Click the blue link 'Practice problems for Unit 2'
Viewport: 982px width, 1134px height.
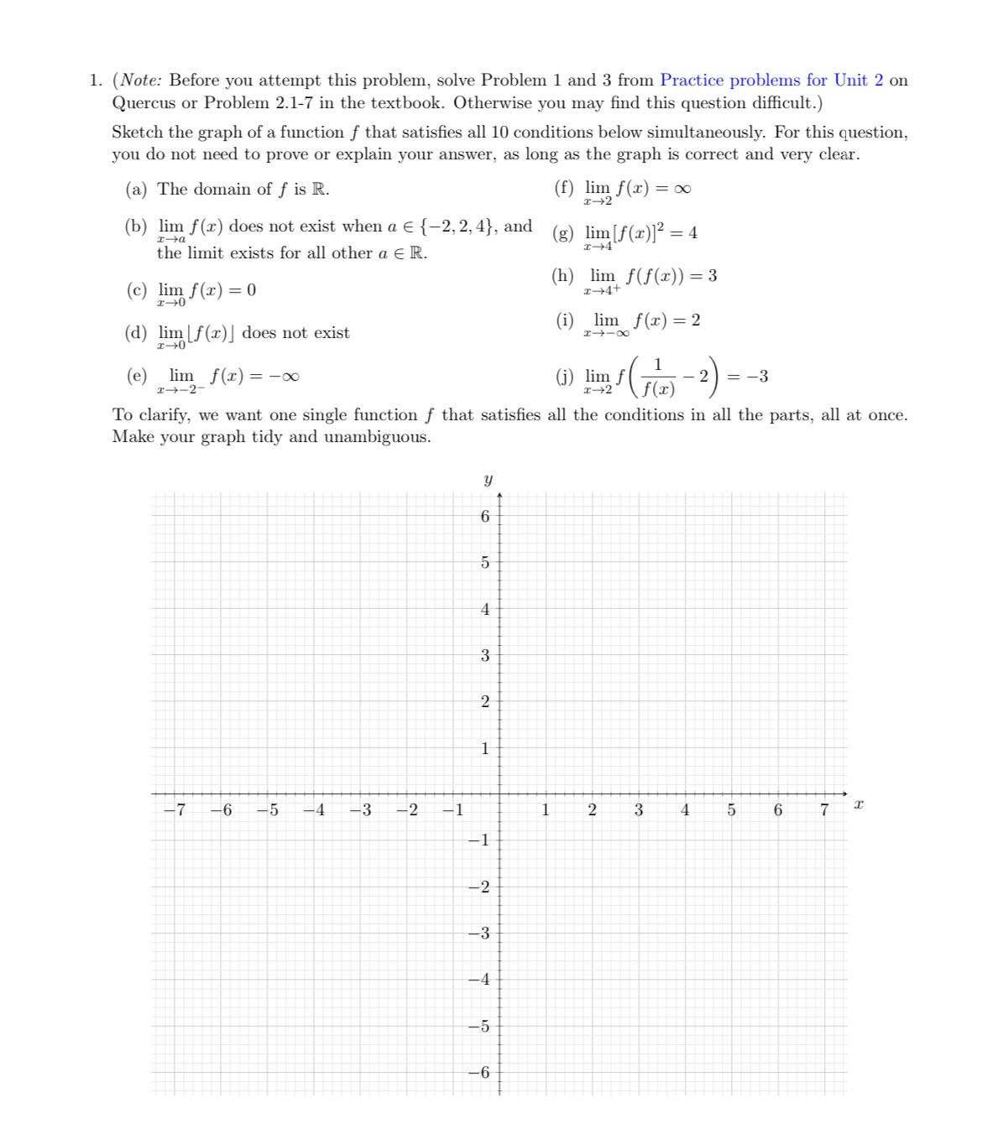tap(770, 81)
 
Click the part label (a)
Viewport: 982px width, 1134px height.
tap(136, 190)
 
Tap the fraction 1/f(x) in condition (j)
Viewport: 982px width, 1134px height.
tap(658, 377)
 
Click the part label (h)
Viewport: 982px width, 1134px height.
tap(563, 276)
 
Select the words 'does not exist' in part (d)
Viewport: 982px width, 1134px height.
tap(295, 333)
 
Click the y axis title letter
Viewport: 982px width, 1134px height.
tap(488, 480)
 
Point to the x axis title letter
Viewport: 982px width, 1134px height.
tap(858, 804)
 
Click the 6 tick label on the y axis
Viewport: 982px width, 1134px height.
tap(484, 517)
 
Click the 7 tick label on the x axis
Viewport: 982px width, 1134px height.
tap(824, 810)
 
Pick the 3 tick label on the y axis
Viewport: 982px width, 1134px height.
tap(484, 656)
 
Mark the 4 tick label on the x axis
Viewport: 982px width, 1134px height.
tap(685, 810)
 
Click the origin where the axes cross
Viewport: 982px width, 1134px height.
tap(499, 793)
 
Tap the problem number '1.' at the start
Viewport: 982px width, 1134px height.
tap(96, 81)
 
